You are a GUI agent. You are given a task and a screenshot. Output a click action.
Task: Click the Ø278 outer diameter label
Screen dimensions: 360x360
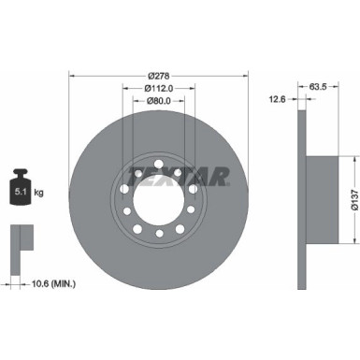tap(158, 76)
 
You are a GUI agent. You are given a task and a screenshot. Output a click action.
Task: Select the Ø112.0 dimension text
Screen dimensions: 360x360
tap(158, 91)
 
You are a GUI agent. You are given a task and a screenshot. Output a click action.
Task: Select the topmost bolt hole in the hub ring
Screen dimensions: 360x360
tap(158, 165)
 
